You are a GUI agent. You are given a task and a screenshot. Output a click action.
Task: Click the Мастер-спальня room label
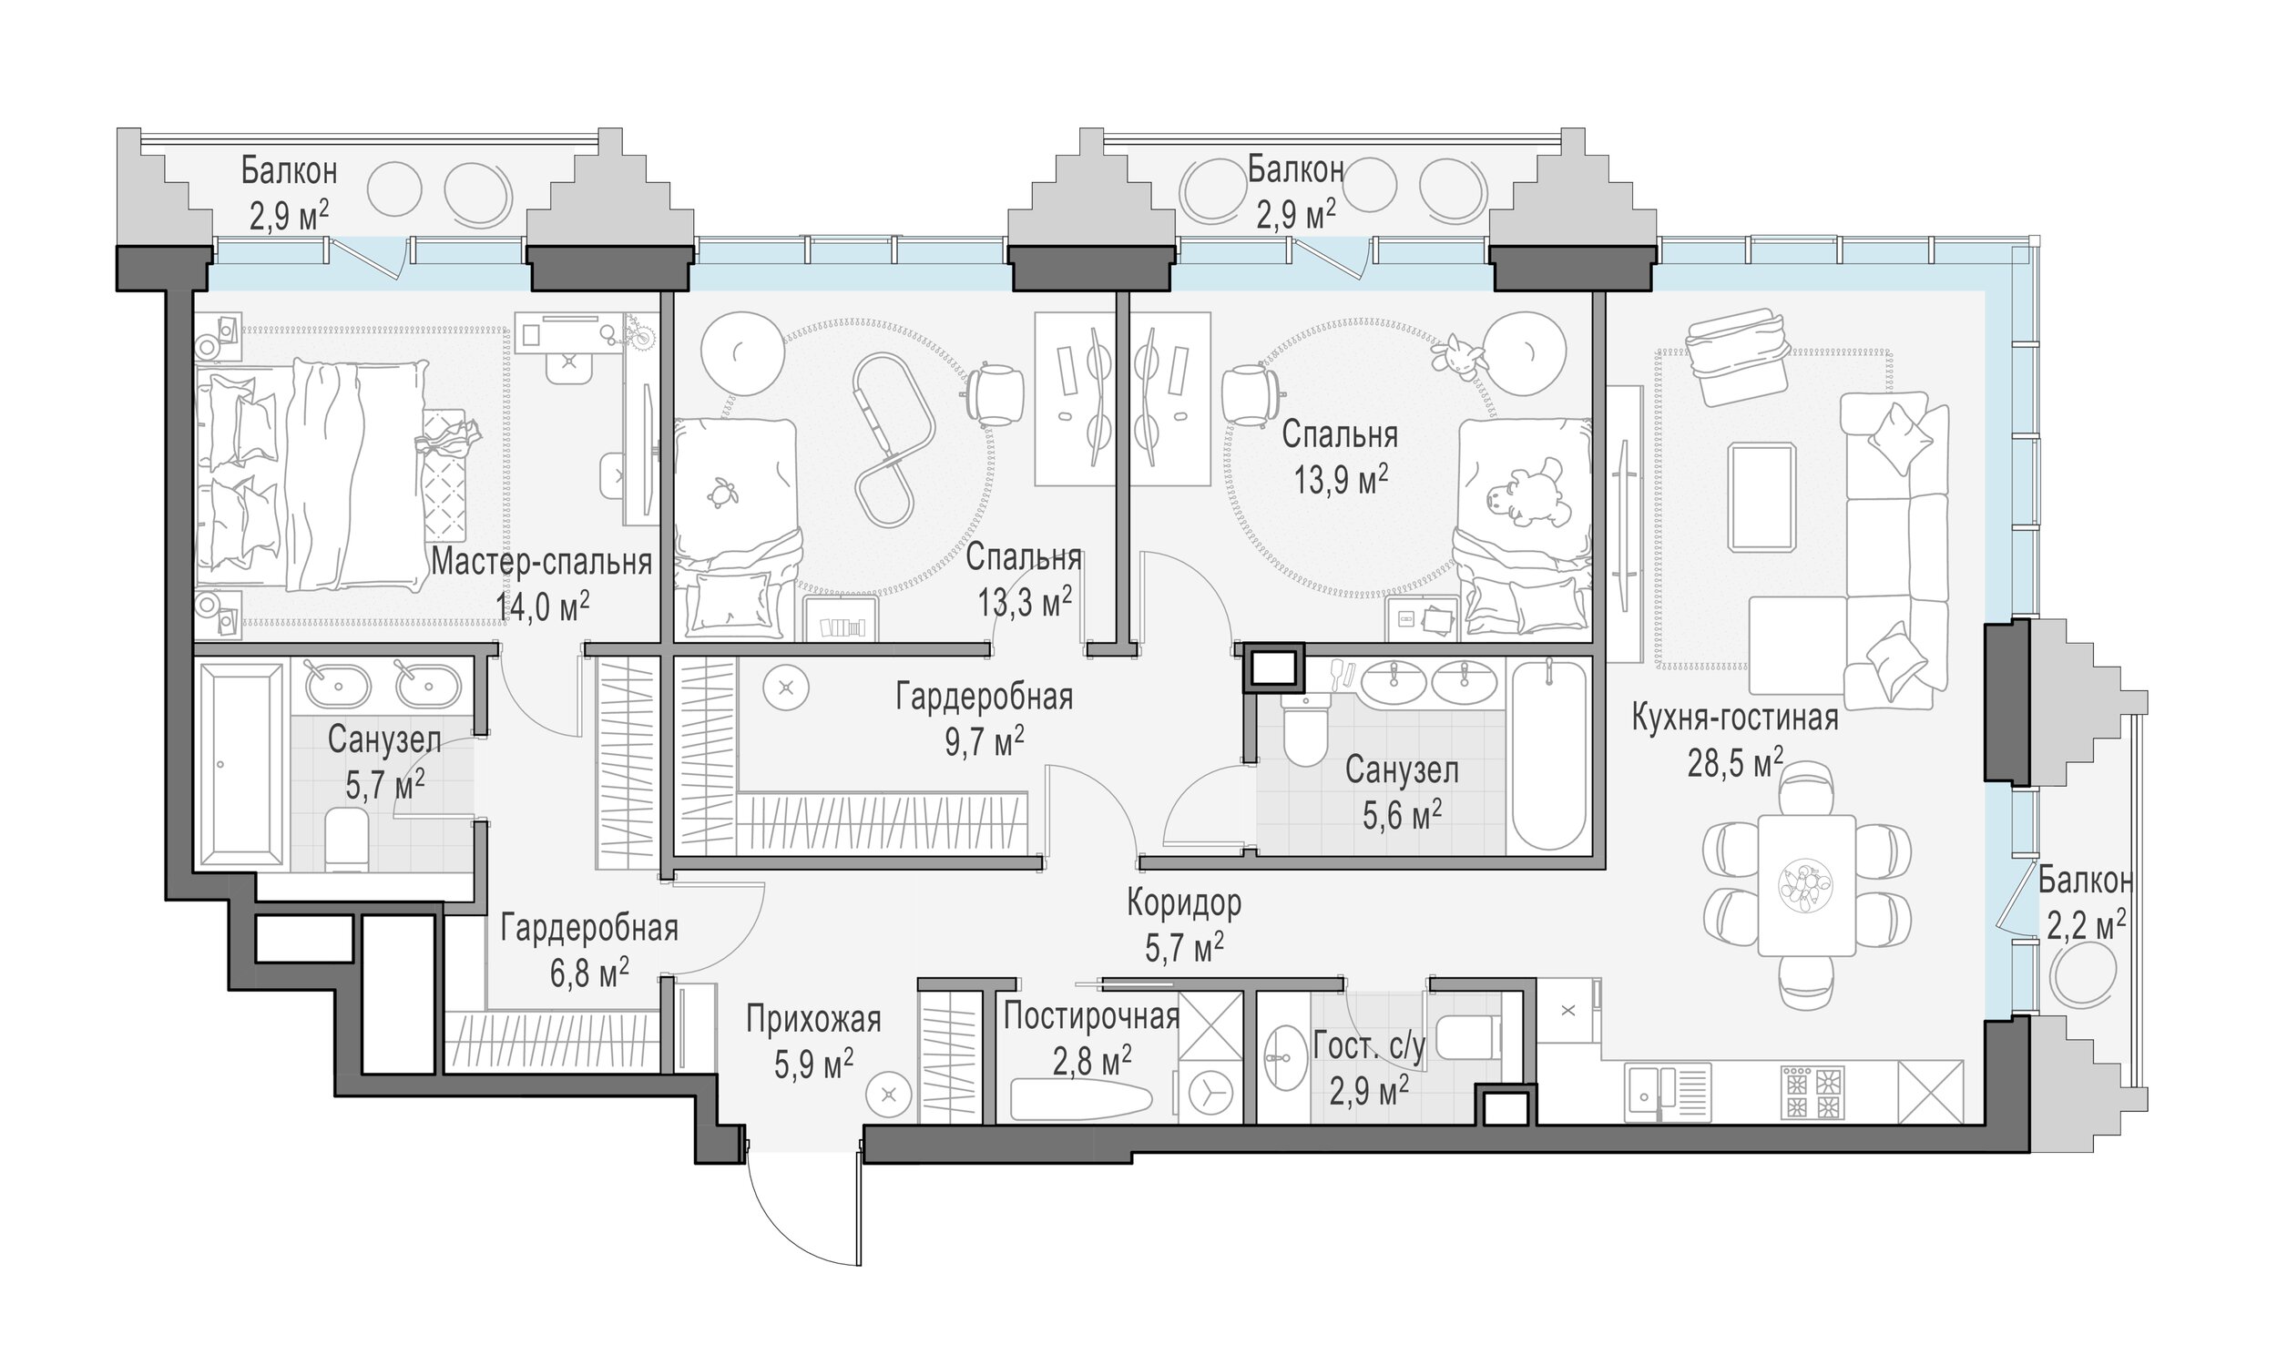pos(541,563)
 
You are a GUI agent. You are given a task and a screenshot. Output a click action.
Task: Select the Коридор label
pos(1184,903)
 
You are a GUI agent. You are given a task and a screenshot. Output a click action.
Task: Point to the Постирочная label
pos(1092,1015)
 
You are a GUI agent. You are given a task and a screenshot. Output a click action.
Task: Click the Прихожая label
pos(813,1019)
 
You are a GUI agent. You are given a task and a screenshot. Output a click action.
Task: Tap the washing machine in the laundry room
pos(1210,1091)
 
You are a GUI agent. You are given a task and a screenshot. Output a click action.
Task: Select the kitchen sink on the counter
pos(1668,1093)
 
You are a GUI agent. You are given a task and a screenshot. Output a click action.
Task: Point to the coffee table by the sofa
pos(1762,496)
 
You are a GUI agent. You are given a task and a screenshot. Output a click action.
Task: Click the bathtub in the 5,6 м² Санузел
pos(1549,755)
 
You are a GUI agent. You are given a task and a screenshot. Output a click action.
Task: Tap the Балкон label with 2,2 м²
pos(2085,881)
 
